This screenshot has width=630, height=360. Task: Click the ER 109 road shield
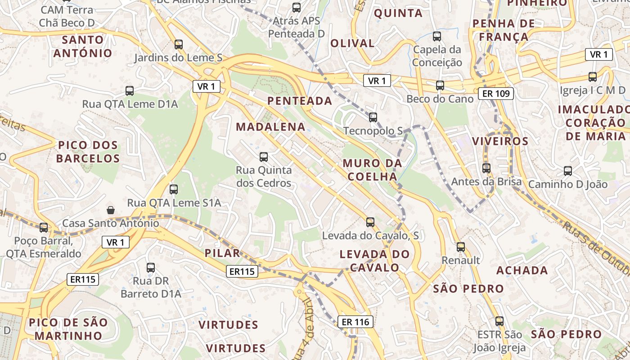(496, 93)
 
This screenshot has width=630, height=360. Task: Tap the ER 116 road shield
(355, 321)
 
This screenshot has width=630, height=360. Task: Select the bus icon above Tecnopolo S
(373, 117)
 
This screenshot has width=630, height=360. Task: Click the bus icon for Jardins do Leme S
(179, 44)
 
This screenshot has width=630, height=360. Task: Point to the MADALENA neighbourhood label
(270, 127)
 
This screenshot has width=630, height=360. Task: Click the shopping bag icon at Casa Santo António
(110, 210)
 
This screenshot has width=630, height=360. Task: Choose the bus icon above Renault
(461, 247)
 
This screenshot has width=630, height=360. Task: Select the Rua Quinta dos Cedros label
(264, 177)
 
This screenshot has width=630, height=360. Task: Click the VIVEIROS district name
(500, 141)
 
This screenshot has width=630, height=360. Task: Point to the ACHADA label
(522, 270)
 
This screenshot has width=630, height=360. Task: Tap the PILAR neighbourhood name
(222, 253)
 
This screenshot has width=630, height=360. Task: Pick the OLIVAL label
(352, 43)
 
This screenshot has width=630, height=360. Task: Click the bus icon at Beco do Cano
(440, 85)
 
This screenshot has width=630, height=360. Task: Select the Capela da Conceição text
(437, 56)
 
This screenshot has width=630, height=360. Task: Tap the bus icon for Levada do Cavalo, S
(370, 222)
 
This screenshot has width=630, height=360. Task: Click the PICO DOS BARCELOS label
(88, 152)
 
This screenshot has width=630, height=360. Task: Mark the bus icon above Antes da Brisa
(486, 168)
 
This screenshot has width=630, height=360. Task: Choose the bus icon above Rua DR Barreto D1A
(151, 267)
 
